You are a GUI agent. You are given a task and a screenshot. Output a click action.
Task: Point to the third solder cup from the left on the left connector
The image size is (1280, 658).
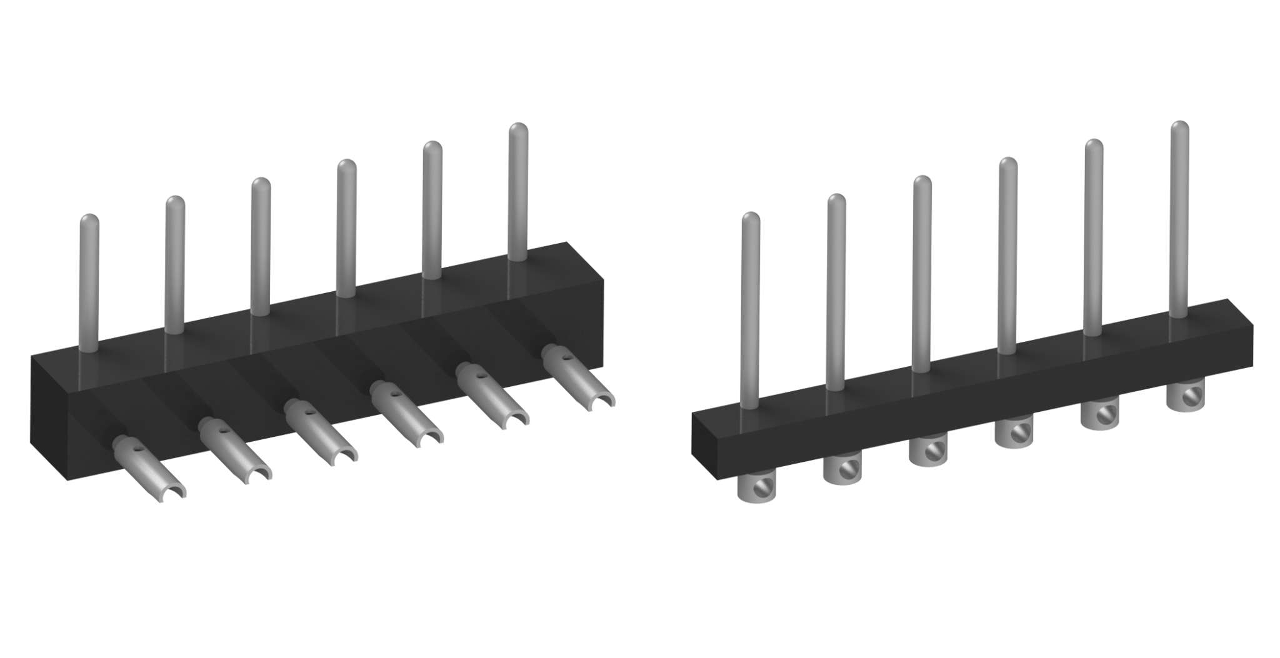(319, 431)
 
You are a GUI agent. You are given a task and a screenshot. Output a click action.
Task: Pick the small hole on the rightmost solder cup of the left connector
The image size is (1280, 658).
(565, 359)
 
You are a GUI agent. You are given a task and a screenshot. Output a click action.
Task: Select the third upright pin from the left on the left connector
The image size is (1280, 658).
(260, 244)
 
